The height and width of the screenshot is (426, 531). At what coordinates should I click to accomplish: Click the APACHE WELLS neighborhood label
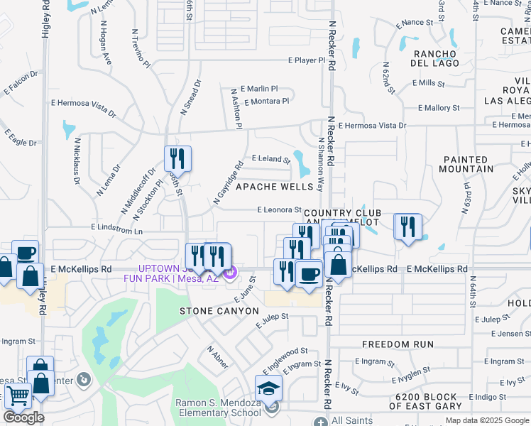click(274, 187)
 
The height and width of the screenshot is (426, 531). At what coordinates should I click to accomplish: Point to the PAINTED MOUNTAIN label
click(469, 164)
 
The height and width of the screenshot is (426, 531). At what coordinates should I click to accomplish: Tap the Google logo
click(23, 417)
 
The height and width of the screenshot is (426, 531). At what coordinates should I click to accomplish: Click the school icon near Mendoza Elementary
click(268, 388)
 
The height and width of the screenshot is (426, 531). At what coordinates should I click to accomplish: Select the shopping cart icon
click(17, 396)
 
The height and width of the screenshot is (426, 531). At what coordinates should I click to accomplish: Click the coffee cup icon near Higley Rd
click(26, 253)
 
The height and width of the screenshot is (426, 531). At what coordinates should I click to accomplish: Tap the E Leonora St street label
click(279, 209)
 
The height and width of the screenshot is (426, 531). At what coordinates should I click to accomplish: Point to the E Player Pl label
click(306, 61)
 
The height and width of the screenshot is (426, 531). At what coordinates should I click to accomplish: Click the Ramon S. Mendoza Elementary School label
click(218, 408)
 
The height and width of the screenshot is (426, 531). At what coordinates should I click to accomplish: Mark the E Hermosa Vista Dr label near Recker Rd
click(372, 126)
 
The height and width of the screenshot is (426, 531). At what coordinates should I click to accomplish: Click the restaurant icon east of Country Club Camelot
click(407, 227)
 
